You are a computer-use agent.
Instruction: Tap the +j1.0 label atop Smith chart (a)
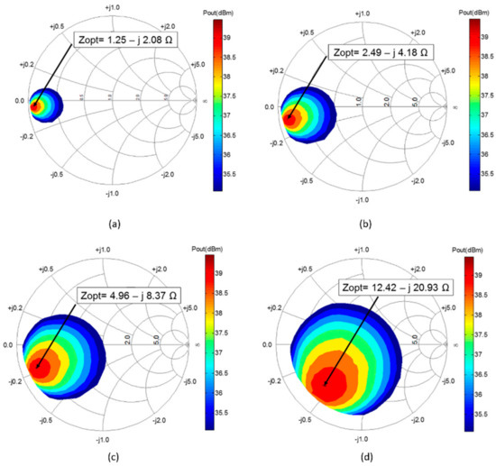tap(112, 7)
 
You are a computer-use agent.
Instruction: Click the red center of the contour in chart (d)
tap(331, 386)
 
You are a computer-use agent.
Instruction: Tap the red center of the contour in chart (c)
tap(40, 367)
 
